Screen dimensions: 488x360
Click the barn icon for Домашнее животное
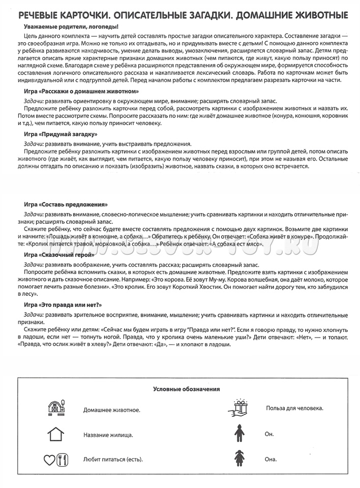[55, 408]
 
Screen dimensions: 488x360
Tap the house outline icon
[55, 435]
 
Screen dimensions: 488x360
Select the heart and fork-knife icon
[55, 460]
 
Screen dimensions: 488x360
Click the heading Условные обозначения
[186, 389]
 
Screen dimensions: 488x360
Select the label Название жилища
[108, 435]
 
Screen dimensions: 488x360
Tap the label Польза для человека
[294, 408]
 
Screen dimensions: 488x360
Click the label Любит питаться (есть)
[113, 460]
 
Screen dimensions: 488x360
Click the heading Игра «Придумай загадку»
[61, 134]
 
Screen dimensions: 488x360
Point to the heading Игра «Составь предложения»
[66, 204]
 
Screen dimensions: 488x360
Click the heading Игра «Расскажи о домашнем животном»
[81, 91]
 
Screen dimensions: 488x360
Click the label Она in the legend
[271, 459]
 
